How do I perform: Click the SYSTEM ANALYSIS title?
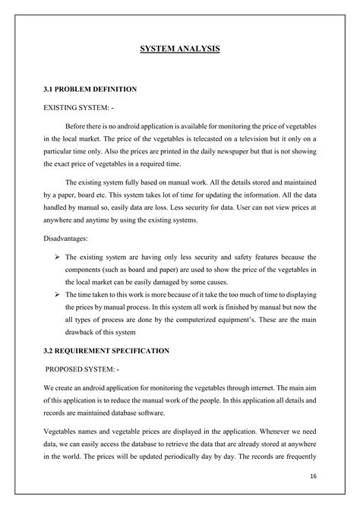point(180,49)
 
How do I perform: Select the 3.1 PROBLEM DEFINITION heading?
point(90,89)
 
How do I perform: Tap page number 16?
point(313,477)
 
